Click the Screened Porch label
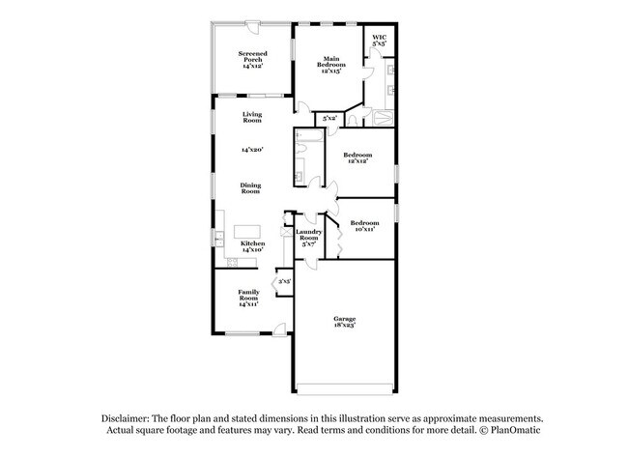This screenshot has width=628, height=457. click(253, 61)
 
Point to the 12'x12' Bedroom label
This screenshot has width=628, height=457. click(357, 157)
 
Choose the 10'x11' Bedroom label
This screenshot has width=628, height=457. click(364, 227)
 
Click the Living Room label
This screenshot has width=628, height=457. click(252, 118)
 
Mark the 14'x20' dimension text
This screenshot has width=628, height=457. click(252, 150)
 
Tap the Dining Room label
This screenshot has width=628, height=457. click(252, 187)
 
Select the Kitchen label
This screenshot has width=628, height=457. click(252, 246)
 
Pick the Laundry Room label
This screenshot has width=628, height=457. click(309, 237)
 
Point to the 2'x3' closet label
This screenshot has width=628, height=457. click(284, 281)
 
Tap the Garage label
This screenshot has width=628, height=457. click(345, 323)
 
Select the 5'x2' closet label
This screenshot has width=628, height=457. click(329, 118)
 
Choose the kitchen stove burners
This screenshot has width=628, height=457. click(232, 261)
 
